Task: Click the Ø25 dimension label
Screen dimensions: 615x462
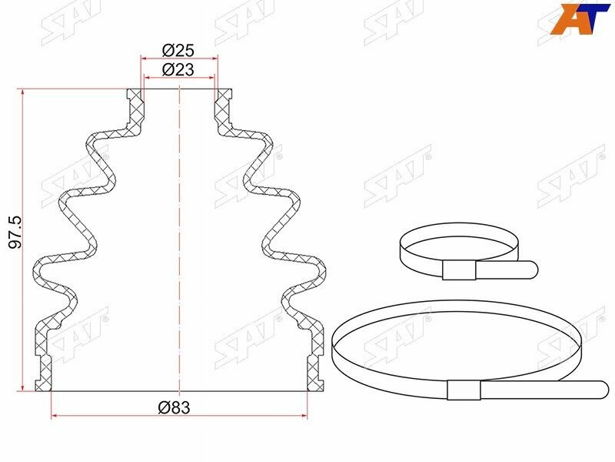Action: (x=178, y=50)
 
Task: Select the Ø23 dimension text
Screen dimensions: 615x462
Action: (x=178, y=69)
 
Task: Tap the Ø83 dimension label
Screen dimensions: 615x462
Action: (x=175, y=407)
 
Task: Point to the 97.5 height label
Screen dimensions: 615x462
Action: (x=15, y=232)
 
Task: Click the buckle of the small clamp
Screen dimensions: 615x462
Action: (x=459, y=270)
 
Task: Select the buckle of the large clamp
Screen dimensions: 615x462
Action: (x=464, y=390)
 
